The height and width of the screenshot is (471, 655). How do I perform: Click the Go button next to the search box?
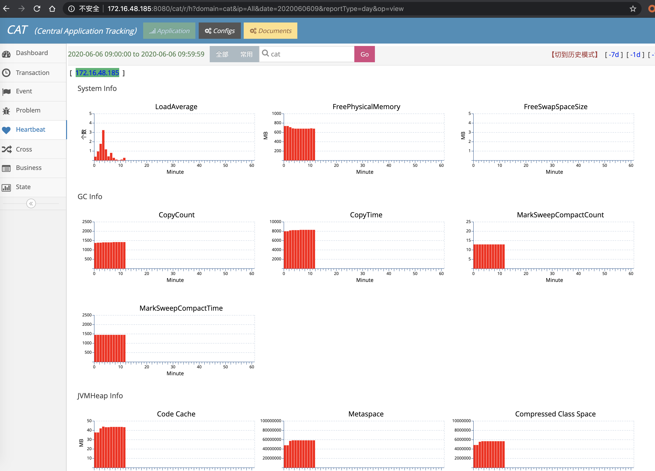pyautogui.click(x=364, y=54)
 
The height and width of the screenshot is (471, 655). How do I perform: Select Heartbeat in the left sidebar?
pyautogui.click(x=31, y=130)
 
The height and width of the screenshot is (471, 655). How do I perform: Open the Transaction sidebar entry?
pyautogui.click(x=32, y=73)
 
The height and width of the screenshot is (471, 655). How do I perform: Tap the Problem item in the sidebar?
pyautogui.click(x=28, y=110)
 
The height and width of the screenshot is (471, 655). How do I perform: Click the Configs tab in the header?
pyautogui.click(x=220, y=31)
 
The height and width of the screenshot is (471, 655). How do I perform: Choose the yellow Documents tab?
pyautogui.click(x=270, y=31)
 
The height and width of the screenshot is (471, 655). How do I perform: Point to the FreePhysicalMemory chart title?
pyautogui.click(x=366, y=107)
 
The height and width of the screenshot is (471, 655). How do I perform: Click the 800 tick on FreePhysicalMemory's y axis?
pyautogui.click(x=277, y=123)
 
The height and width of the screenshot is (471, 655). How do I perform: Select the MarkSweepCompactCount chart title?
pyautogui.click(x=560, y=215)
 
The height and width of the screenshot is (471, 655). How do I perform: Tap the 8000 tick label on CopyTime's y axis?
pyautogui.click(x=276, y=231)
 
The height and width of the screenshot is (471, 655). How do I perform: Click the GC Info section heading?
pyautogui.click(x=90, y=197)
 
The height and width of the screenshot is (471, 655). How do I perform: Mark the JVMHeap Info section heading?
pyautogui.click(x=100, y=396)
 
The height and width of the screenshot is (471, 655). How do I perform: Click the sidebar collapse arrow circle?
pyautogui.click(x=31, y=204)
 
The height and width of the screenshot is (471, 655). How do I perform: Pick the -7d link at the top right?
pyautogui.click(x=613, y=55)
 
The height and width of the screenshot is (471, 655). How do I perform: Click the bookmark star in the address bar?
pyautogui.click(x=633, y=9)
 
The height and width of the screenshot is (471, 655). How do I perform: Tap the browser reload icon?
pyautogui.click(x=37, y=9)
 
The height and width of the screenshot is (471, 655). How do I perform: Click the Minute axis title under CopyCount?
pyautogui.click(x=175, y=280)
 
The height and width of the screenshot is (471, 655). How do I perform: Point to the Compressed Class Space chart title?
pyautogui.click(x=555, y=414)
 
